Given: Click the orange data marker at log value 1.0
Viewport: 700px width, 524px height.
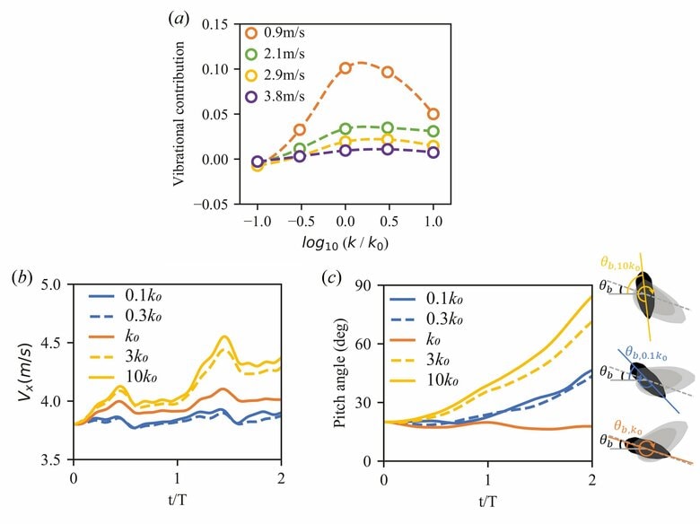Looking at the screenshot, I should (x=433, y=114).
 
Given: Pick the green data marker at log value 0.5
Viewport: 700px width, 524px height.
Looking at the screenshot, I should (x=389, y=128).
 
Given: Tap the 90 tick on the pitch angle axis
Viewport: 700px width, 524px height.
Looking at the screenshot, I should (x=367, y=285).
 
